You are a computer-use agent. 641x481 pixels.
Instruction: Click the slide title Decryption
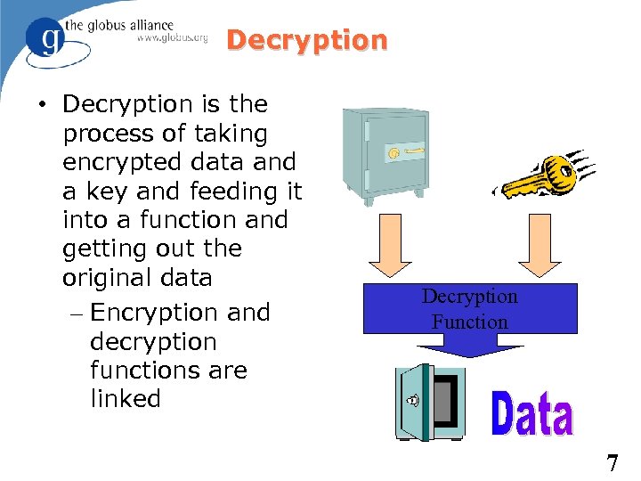pyautogui.click(x=307, y=41)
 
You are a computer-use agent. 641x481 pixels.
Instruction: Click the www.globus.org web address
pyautogui.click(x=173, y=37)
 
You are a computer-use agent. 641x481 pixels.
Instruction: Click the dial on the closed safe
pyautogui.click(x=394, y=154)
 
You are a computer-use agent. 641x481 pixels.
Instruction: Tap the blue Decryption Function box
pyautogui.click(x=469, y=308)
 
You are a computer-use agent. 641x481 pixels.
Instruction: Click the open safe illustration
pyautogui.click(x=431, y=402)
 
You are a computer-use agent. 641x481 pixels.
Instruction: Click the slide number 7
pyautogui.click(x=612, y=463)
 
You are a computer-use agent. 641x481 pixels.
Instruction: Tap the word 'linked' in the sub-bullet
pyautogui.click(x=126, y=399)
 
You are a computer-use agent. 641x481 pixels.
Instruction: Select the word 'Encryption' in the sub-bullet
pyautogui.click(x=155, y=313)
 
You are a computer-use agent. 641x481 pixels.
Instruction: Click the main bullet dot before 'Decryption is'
pyautogui.click(x=43, y=105)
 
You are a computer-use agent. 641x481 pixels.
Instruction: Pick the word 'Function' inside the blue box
pyautogui.click(x=469, y=322)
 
